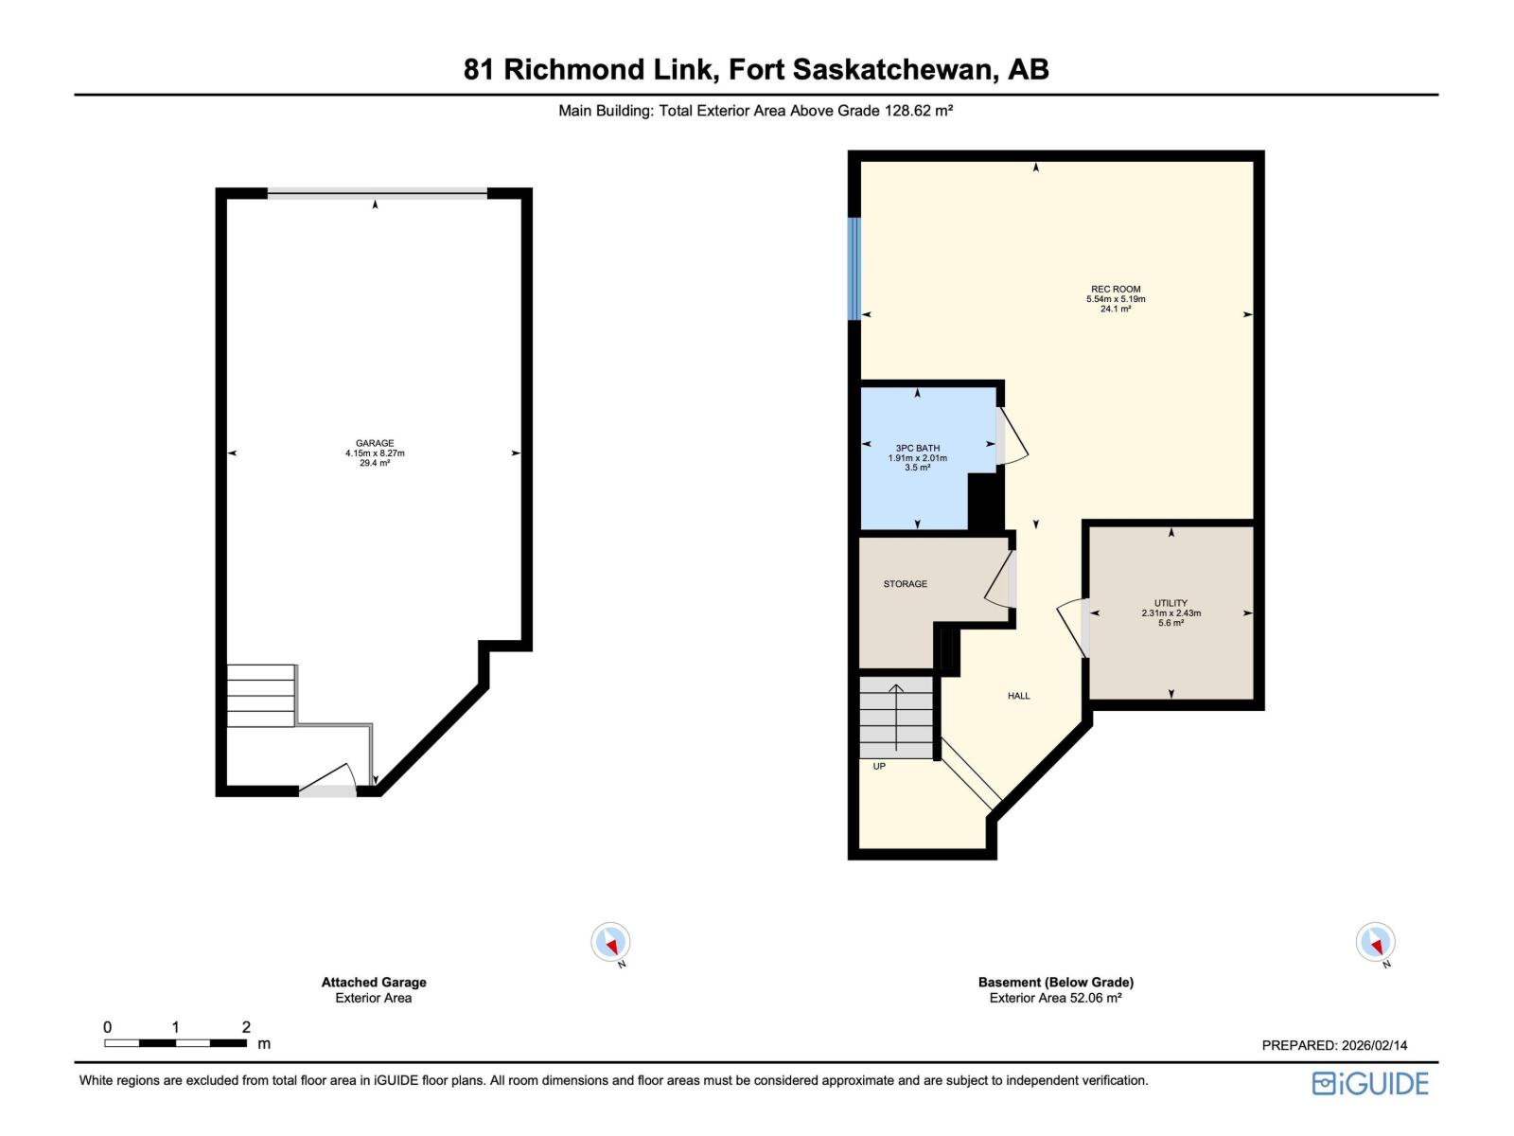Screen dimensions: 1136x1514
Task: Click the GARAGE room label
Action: coord(375,443)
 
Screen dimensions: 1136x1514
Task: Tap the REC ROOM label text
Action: coord(1116,290)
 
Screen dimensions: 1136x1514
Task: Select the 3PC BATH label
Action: coord(917,449)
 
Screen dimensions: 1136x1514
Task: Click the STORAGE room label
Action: coord(905,584)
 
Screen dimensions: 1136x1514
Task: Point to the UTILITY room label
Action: coord(1171,603)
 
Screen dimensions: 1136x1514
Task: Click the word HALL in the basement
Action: coord(1018,696)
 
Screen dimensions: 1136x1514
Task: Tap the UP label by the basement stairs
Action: coord(879,766)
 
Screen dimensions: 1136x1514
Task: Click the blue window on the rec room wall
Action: coord(854,269)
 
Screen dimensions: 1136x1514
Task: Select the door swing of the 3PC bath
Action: coord(1012,437)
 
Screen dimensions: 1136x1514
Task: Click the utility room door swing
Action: coord(1071,625)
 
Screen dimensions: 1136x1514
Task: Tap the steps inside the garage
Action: coord(261,696)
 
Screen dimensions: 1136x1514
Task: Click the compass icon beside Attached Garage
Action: coord(610,942)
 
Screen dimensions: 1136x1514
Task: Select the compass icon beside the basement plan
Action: coord(1375,942)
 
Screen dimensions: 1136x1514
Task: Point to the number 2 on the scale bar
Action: coord(246,1027)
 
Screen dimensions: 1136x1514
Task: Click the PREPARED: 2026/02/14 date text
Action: coord(1334,1045)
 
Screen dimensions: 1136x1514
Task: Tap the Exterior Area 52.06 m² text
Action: coord(1055,998)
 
